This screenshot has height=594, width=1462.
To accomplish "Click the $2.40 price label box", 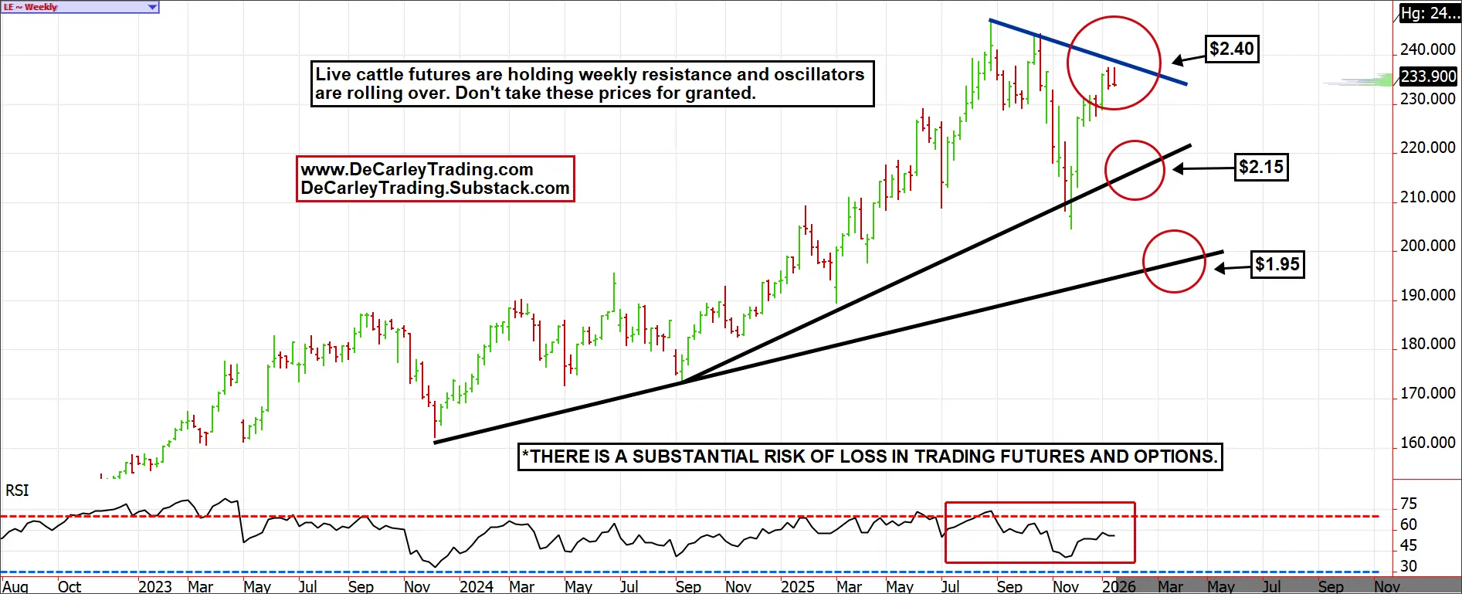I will [x=1232, y=49].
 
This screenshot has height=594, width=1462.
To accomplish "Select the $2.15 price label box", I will [x=1261, y=167].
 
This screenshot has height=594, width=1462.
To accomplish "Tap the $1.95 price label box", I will [x=1277, y=264].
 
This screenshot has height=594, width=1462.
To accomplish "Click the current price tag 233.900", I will [x=1428, y=76].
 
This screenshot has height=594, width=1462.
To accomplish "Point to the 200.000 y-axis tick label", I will [x=1427, y=246].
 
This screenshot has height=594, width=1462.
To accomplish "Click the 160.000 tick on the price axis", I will [x=1427, y=443].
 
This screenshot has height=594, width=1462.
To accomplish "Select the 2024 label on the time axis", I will [x=476, y=586].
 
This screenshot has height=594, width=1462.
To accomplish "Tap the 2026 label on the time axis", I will [x=1118, y=586].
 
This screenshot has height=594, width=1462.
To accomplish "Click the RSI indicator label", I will [x=17, y=490].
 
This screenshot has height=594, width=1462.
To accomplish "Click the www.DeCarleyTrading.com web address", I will [x=416, y=169].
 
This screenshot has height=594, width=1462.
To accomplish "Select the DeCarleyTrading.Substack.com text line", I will [x=435, y=188].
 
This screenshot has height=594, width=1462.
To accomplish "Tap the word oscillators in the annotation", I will [x=819, y=74].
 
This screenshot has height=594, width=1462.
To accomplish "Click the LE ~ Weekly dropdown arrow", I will [x=152, y=7].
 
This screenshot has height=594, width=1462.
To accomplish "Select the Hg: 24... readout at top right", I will [x=1430, y=13].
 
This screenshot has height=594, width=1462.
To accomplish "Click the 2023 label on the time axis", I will [x=154, y=586].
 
